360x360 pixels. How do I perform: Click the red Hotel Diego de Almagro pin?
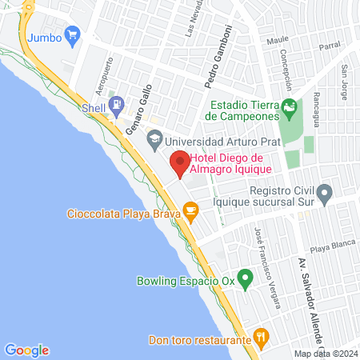point(180,162)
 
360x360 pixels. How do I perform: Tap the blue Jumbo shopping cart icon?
point(74,34)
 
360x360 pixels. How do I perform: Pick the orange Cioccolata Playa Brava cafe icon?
point(190,211)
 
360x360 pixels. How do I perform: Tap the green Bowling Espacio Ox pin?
point(247,279)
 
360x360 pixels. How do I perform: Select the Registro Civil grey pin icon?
point(324,192)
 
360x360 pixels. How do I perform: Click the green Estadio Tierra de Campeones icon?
point(289,106)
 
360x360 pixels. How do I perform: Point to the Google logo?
point(26,350)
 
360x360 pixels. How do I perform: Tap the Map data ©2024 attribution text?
point(325,353)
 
